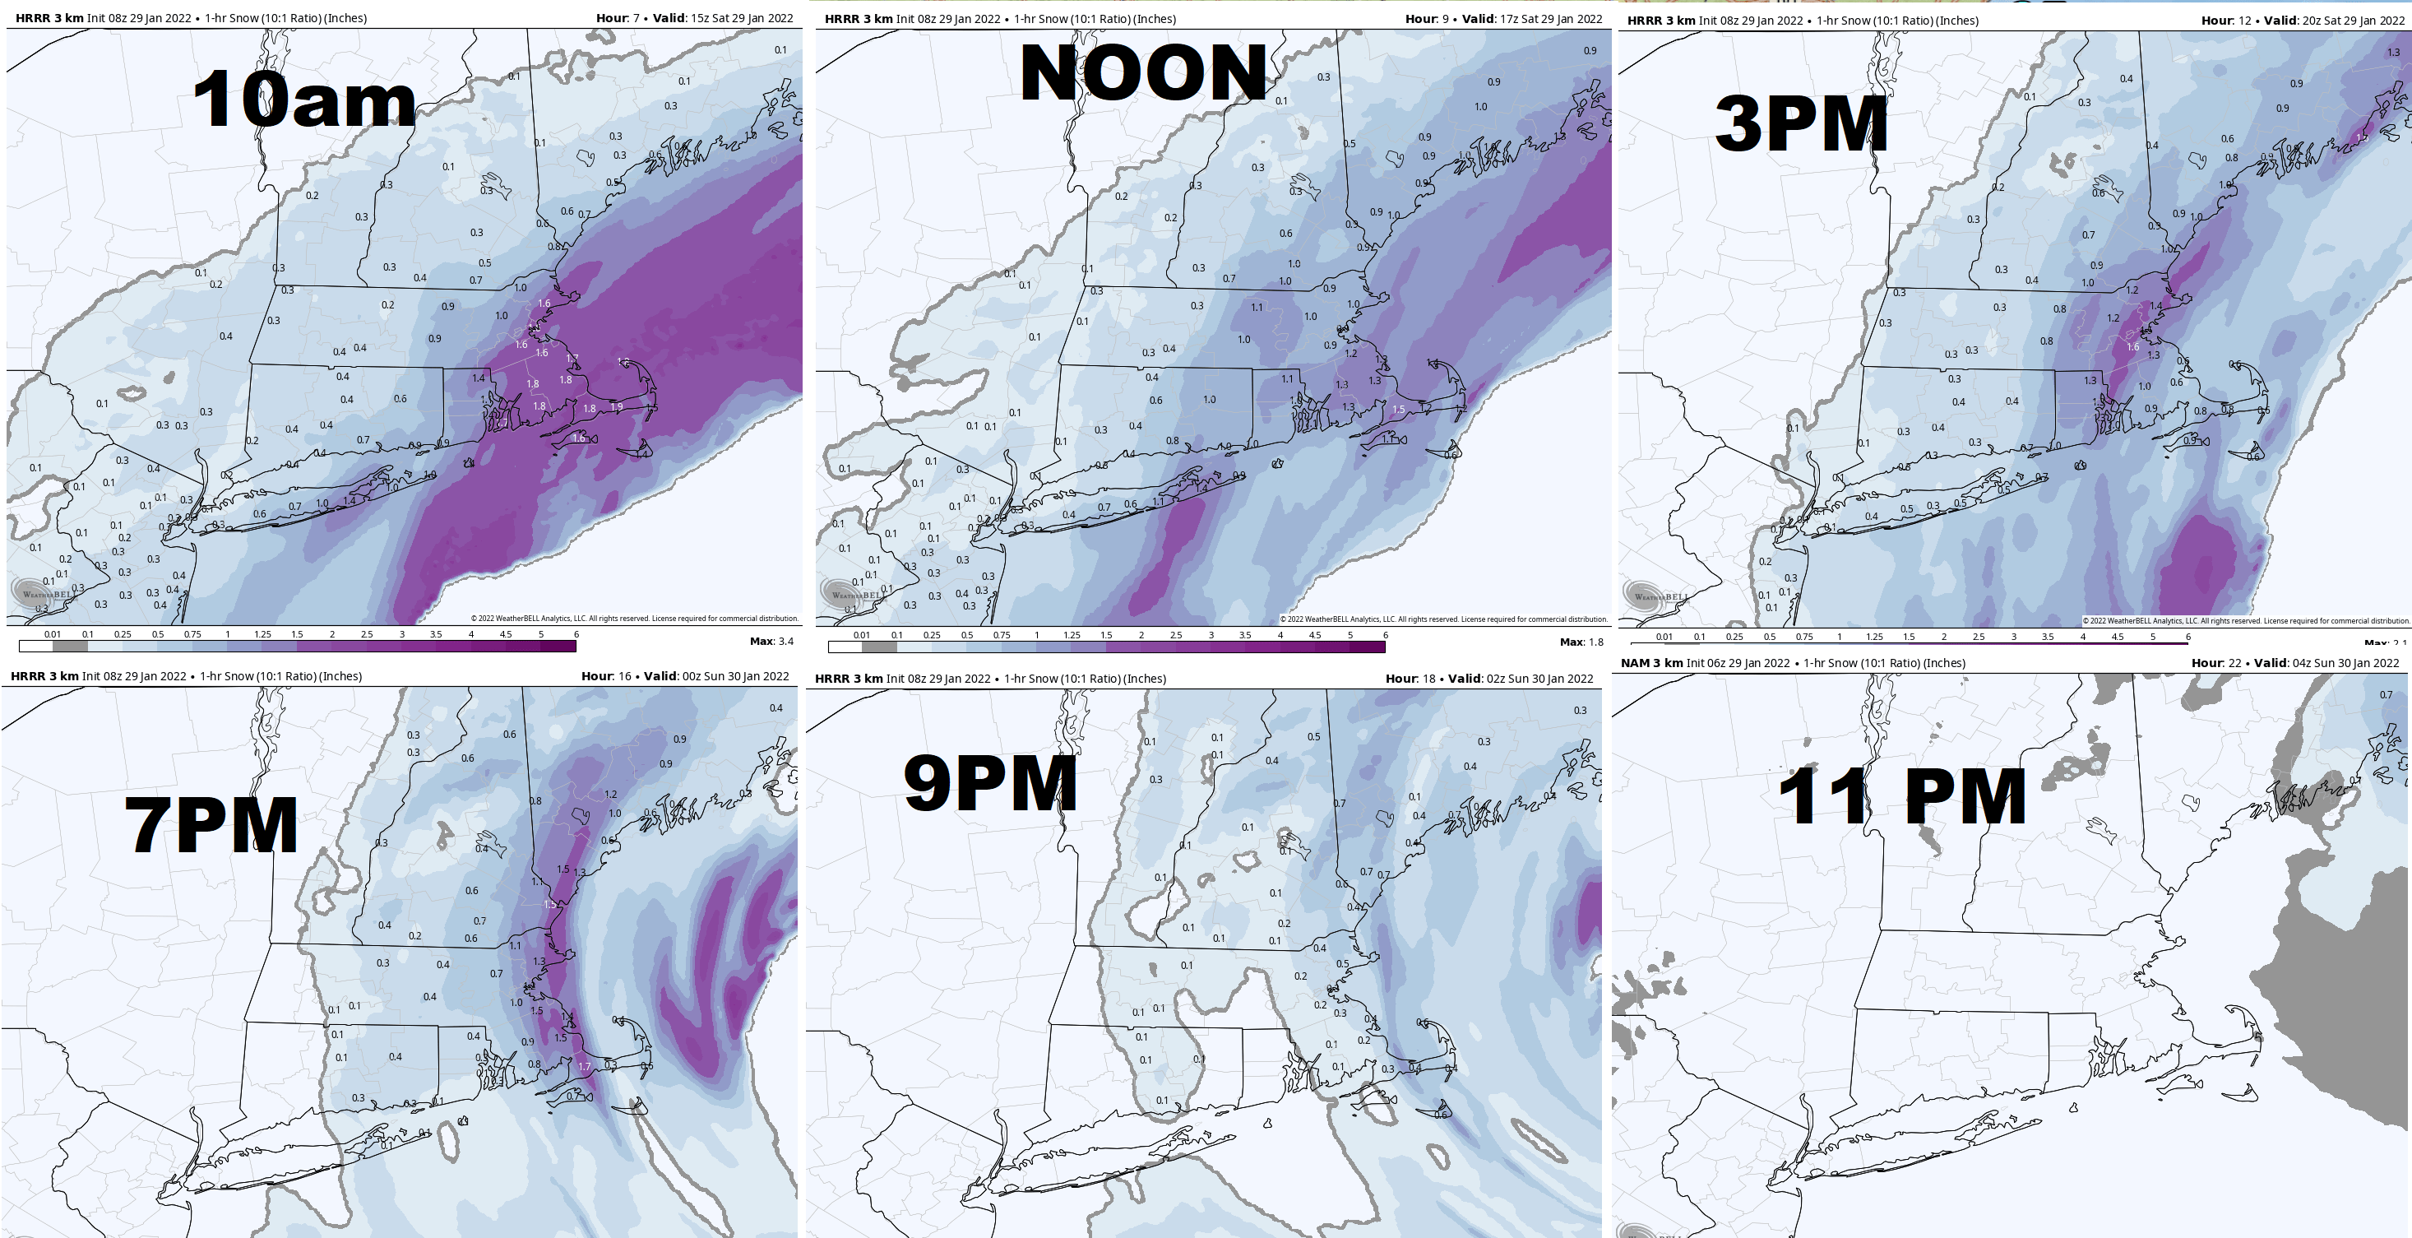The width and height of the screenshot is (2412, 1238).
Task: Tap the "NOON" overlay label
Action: [x=1142, y=73]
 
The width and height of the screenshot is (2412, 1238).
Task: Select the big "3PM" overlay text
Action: [x=1801, y=123]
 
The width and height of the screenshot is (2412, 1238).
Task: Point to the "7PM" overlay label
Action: [x=211, y=825]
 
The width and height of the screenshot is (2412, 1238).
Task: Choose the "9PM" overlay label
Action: [x=989, y=783]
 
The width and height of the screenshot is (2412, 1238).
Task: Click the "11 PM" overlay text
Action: [x=1900, y=797]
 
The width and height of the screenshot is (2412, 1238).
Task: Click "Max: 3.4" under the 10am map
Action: [x=771, y=642]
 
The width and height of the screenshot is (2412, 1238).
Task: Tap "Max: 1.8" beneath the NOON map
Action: [x=1581, y=642]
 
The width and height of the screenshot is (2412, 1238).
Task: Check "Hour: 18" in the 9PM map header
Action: [x=1410, y=679]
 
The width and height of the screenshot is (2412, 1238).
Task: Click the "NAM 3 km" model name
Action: [x=1650, y=663]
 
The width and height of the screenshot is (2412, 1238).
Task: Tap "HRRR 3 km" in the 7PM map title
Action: [x=44, y=676]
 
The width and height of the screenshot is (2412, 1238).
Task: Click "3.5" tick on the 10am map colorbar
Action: [x=435, y=634]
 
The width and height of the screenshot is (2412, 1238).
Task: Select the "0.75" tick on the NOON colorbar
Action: [x=1001, y=635]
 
